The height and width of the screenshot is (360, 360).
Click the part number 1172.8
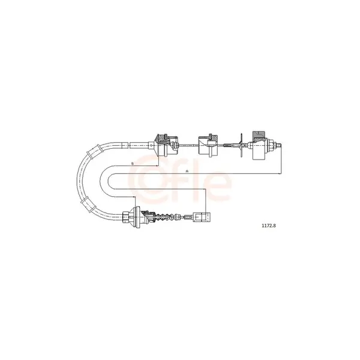coord(269,226)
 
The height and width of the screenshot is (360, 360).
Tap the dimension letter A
coord(187,171)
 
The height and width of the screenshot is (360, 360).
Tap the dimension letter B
coord(132,163)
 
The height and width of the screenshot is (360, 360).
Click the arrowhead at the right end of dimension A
coord(280,174)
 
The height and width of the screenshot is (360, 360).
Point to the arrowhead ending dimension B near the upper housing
coord(157,166)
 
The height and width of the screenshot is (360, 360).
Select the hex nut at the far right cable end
coord(272,145)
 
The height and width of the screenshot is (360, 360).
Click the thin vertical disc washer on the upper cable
coord(241,145)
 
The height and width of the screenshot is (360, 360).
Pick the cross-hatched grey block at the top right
coord(259,136)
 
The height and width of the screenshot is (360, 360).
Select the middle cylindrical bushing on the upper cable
coord(208,145)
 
